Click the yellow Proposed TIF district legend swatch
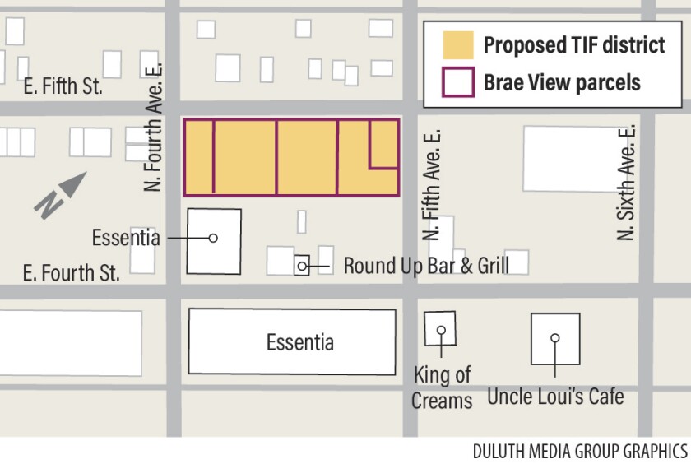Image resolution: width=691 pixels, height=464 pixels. [x=457, y=44]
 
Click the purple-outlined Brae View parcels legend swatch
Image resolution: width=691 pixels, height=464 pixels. [x=457, y=82]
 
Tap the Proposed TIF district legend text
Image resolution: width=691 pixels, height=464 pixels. [x=573, y=44]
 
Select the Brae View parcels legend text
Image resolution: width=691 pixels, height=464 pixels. [x=562, y=82]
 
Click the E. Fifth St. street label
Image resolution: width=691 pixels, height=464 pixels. [x=63, y=86]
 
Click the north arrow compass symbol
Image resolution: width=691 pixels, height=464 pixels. [x=59, y=194]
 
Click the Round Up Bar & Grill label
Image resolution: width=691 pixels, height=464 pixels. [x=425, y=266]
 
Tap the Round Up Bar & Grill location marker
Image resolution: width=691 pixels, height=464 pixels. [x=302, y=266]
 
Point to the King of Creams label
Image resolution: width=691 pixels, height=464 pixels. [x=443, y=387]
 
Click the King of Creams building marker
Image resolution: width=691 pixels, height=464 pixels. [x=441, y=330]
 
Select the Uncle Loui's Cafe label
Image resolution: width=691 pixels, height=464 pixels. [x=555, y=397]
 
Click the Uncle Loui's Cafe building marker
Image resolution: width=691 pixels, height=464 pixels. [x=555, y=338]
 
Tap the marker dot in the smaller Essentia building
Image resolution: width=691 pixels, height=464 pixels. [x=213, y=239]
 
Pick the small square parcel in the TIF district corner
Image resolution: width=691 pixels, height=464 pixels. [x=384, y=144]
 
